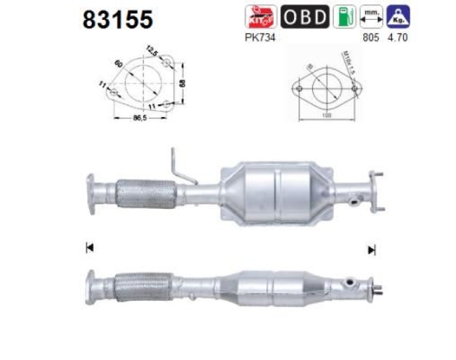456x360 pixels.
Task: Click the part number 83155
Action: click(x=118, y=20)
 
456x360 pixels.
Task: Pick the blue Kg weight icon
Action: click(x=398, y=17)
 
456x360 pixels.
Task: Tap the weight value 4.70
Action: click(x=398, y=38)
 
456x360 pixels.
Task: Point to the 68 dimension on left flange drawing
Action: click(x=182, y=83)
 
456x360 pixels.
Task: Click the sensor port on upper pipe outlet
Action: click(x=354, y=200)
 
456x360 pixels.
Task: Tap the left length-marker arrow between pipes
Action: click(x=88, y=248)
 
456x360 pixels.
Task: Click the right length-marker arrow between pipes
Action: click(x=372, y=249)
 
